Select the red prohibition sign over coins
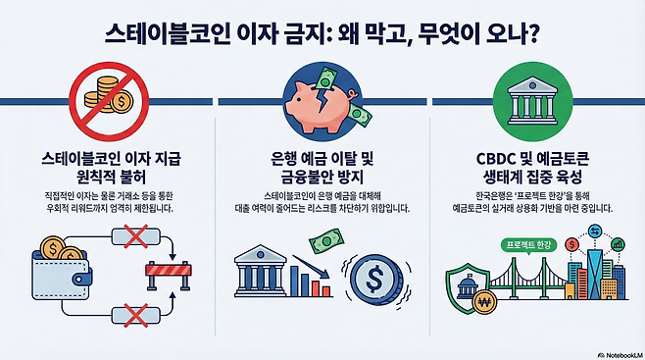(x=111, y=96)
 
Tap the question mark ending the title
(x=531, y=35)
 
